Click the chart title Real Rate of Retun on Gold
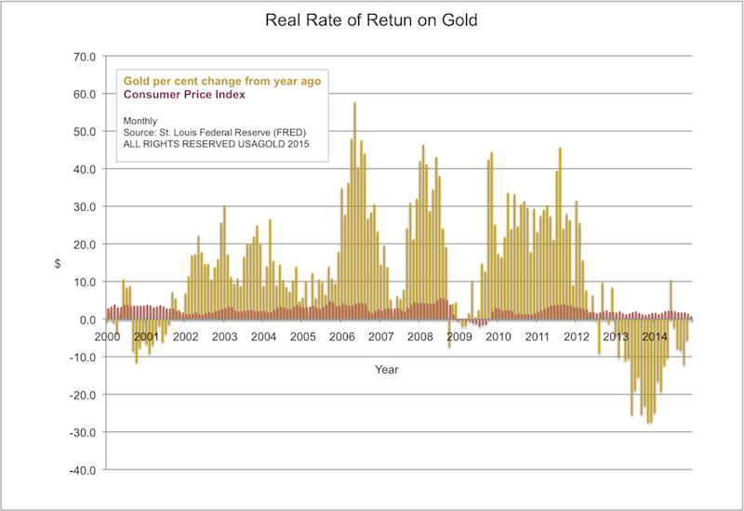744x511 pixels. click(x=371, y=20)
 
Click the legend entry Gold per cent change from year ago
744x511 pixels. click(x=222, y=81)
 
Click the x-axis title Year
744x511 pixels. click(x=387, y=369)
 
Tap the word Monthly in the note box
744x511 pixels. click(x=142, y=120)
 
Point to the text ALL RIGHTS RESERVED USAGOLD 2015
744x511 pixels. click(x=217, y=144)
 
